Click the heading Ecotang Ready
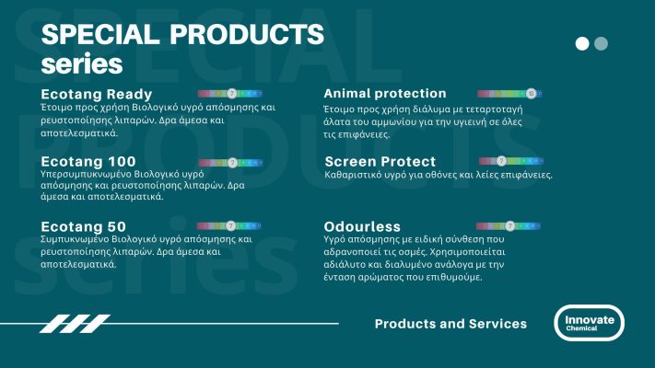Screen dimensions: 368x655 click(x=97, y=94)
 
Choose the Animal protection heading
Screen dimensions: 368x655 click(x=385, y=94)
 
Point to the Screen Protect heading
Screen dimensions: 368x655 click(x=380, y=162)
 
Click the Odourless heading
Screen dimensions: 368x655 click(x=361, y=226)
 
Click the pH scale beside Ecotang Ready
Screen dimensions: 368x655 click(x=231, y=94)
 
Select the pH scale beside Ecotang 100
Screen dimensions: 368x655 click(x=231, y=162)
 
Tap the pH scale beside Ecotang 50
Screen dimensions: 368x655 click(x=231, y=224)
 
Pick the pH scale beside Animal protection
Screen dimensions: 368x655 click(x=509, y=94)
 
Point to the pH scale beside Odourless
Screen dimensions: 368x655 click(x=509, y=225)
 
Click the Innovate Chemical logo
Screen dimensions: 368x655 click(x=590, y=323)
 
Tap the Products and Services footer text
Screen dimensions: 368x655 click(x=450, y=324)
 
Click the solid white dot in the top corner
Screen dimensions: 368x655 click(x=582, y=43)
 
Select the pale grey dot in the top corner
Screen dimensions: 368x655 click(x=602, y=43)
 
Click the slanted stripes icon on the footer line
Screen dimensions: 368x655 click(x=62, y=324)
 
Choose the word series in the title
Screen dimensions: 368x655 click(x=82, y=65)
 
